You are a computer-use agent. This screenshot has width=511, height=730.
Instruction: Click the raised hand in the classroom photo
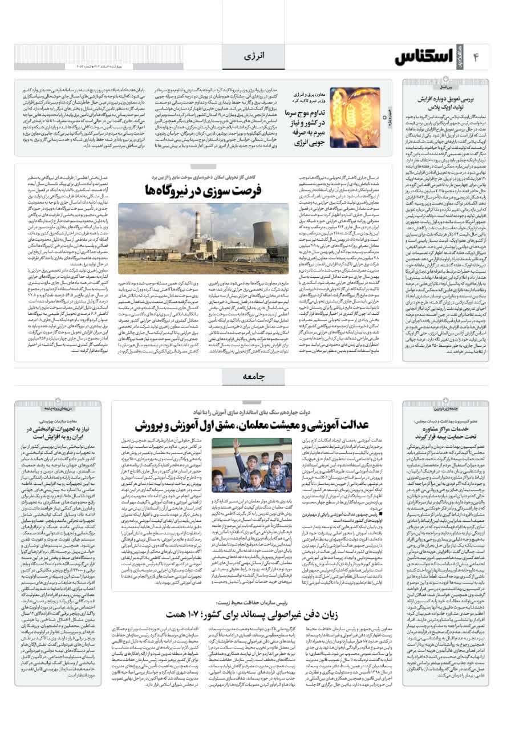[235, 445]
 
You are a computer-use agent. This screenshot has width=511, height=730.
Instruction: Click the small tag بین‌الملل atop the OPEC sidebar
[454, 88]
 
